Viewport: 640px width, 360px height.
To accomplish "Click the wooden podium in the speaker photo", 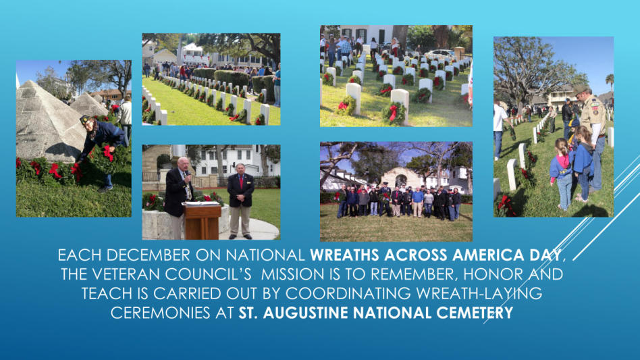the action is pyautogui.click(x=202, y=221).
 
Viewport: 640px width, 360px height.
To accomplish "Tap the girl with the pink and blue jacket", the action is pyautogui.click(x=562, y=174).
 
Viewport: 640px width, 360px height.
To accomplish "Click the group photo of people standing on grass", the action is pyautogui.click(x=396, y=192).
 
